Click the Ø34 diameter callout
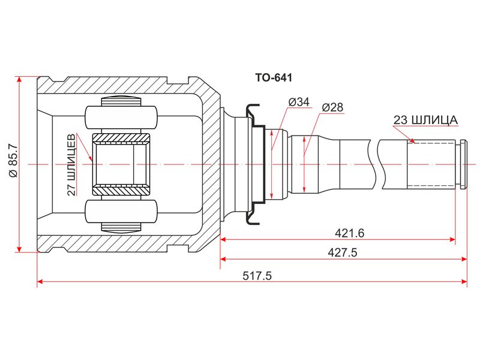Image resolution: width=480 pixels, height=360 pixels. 298,103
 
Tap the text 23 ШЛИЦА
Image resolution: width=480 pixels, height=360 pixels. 425,120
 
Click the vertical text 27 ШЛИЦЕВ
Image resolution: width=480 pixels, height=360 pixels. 71,163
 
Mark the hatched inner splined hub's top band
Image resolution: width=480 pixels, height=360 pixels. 121,139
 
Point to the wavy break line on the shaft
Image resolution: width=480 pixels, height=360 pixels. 376,164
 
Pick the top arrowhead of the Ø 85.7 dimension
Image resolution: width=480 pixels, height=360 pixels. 20,80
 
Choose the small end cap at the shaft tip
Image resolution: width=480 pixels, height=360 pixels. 463,164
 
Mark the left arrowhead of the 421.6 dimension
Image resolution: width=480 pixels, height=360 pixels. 224,239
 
